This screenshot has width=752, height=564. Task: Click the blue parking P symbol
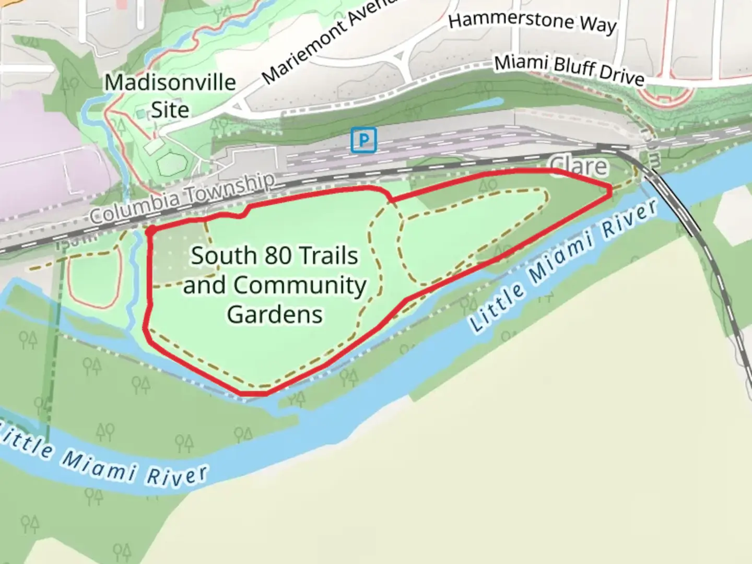point(363,140)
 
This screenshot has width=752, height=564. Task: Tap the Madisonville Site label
point(170,96)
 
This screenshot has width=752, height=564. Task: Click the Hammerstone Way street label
point(532,23)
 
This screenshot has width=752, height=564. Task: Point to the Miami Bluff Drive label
point(569,70)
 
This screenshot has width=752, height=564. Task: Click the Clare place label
point(579,166)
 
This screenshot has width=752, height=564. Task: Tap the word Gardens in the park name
point(275,314)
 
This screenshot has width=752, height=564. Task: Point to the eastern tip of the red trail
point(610,191)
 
